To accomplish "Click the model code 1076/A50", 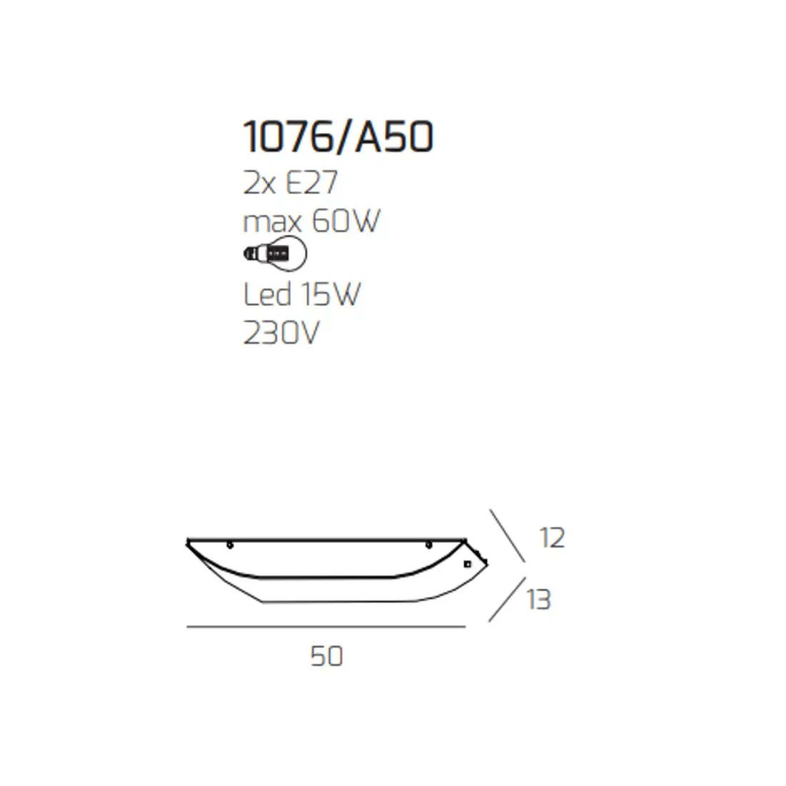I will pos(338,136).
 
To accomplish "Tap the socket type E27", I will pos(311,184).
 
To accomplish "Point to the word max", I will pos(272,222).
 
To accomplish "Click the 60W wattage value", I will pos(345,222).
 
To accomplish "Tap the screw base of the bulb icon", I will pos(252,253).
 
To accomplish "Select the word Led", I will pos(267,294).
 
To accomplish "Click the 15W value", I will pos(330,294).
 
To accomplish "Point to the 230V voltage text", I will pos(281,332).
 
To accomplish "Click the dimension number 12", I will pos(552,537).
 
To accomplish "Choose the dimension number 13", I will pos(539,600).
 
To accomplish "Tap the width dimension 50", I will pos(327,655).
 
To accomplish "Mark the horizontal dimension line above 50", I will pos(325,627).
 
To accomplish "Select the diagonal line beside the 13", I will pos(505,599).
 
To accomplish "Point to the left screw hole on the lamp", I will pos(229,547).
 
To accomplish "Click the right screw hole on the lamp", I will pos(428,547).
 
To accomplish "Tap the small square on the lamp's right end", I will pos(467,564).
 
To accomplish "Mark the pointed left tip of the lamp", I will pos(187,542).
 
